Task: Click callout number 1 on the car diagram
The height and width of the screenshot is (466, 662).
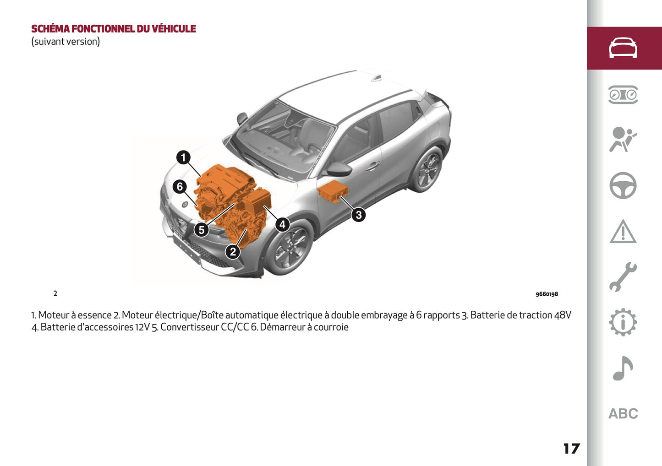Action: click(x=183, y=157)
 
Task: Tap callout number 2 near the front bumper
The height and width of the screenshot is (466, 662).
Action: click(x=233, y=251)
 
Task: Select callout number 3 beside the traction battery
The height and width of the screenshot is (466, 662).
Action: click(x=358, y=214)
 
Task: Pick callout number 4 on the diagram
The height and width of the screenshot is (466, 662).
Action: click(x=282, y=224)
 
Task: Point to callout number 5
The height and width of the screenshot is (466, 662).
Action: click(x=202, y=230)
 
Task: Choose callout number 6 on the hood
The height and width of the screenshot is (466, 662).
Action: click(x=180, y=186)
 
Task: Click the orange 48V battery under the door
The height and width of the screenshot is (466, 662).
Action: click(x=333, y=191)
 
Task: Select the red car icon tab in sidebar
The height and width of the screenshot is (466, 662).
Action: click(x=623, y=48)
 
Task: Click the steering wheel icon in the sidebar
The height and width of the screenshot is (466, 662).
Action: click(x=623, y=185)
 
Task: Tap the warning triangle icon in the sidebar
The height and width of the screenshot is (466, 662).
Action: click(x=623, y=232)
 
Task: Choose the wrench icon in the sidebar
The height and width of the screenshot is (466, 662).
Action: click(x=623, y=277)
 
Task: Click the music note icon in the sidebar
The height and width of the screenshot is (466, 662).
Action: click(x=623, y=368)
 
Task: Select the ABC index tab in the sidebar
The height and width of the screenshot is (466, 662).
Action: click(x=623, y=414)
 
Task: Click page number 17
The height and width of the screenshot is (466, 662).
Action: click(x=571, y=449)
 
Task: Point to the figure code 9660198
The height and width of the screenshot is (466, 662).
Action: click(x=547, y=294)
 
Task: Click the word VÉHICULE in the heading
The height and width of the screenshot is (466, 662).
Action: click(x=174, y=29)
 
